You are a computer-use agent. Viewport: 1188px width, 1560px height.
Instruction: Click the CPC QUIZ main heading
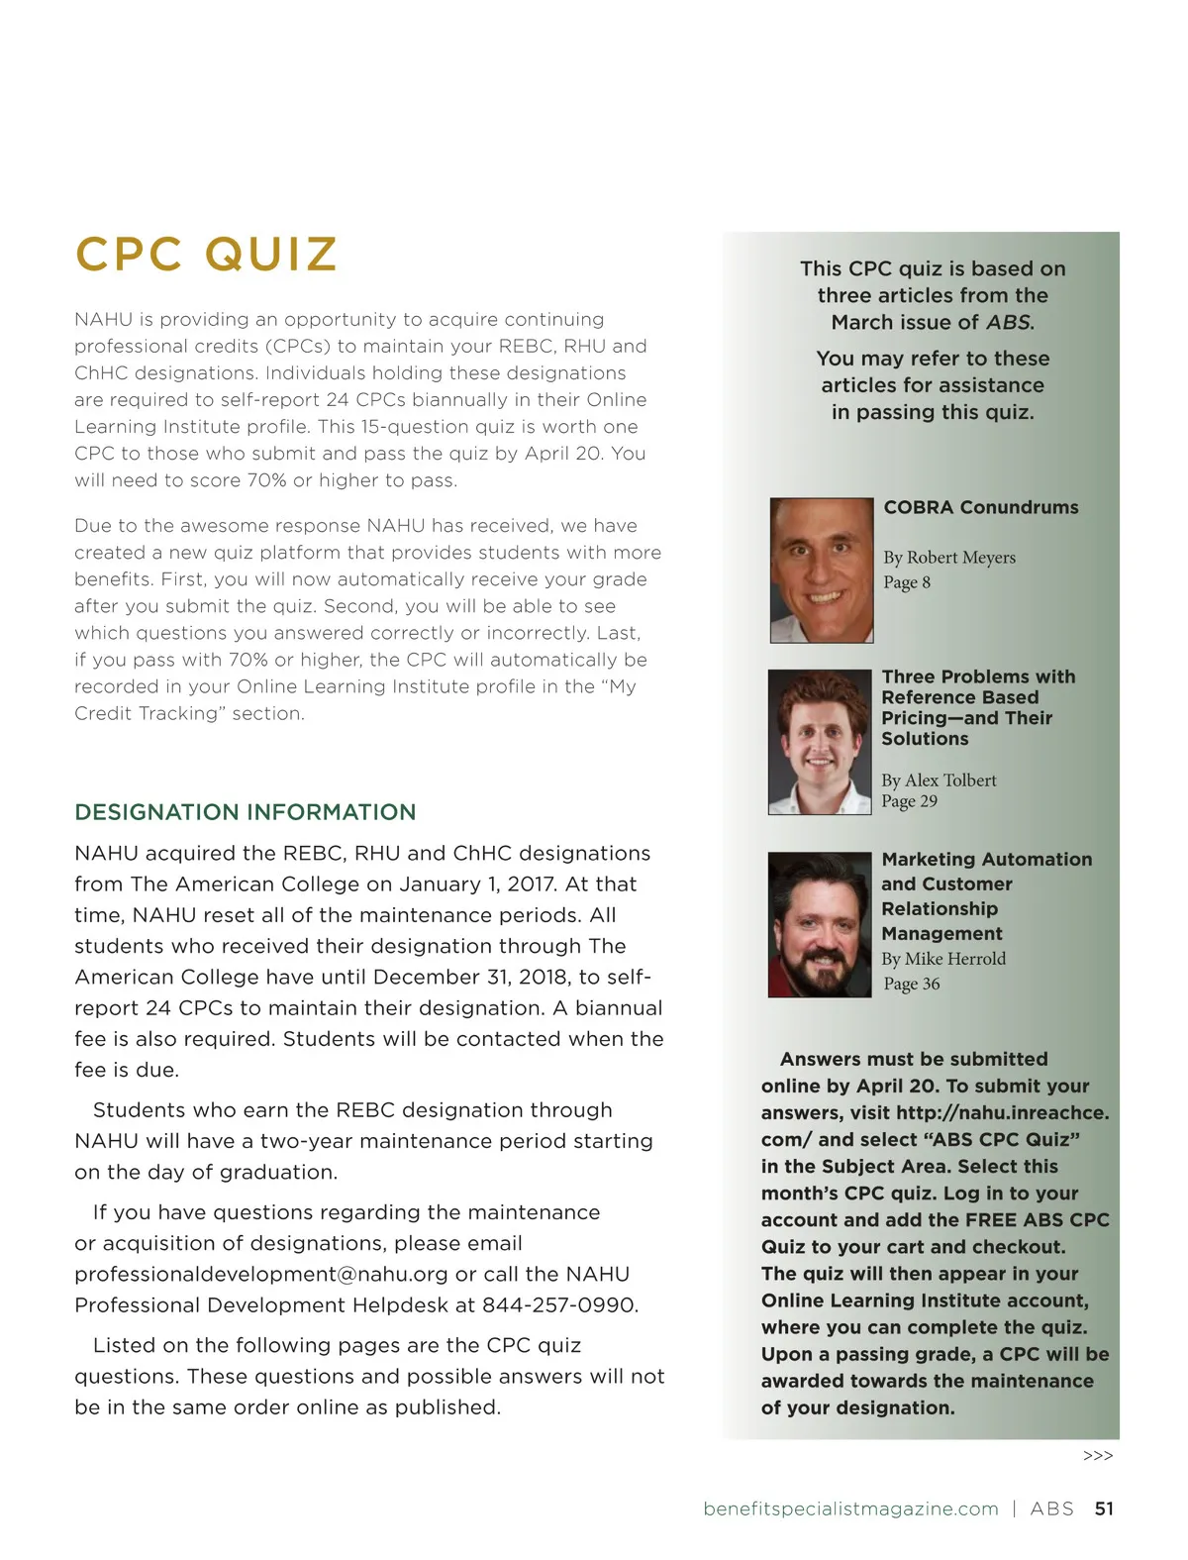click(206, 255)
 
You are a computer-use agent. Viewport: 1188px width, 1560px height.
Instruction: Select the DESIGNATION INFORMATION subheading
click(245, 812)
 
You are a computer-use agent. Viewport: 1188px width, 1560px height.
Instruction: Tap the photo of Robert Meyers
click(821, 570)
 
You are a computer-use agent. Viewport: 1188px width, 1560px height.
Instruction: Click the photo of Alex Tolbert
click(819, 742)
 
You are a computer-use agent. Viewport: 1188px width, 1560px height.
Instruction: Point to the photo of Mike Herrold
click(819, 924)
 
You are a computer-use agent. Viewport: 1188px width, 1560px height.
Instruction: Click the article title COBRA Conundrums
click(980, 507)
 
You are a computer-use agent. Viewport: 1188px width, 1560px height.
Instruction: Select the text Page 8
click(907, 582)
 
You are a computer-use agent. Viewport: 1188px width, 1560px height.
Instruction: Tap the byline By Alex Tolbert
click(939, 780)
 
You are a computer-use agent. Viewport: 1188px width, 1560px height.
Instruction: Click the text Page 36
click(911, 984)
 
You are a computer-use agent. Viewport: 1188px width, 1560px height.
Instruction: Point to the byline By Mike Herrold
click(942, 959)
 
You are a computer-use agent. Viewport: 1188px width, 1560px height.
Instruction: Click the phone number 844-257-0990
click(558, 1305)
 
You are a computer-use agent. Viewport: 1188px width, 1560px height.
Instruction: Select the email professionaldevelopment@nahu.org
click(261, 1275)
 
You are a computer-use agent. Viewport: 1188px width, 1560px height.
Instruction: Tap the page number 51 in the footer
click(1104, 1508)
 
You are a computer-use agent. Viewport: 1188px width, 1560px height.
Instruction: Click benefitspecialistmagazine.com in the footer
click(850, 1508)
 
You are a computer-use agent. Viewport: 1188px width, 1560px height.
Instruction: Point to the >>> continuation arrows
click(1098, 1456)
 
